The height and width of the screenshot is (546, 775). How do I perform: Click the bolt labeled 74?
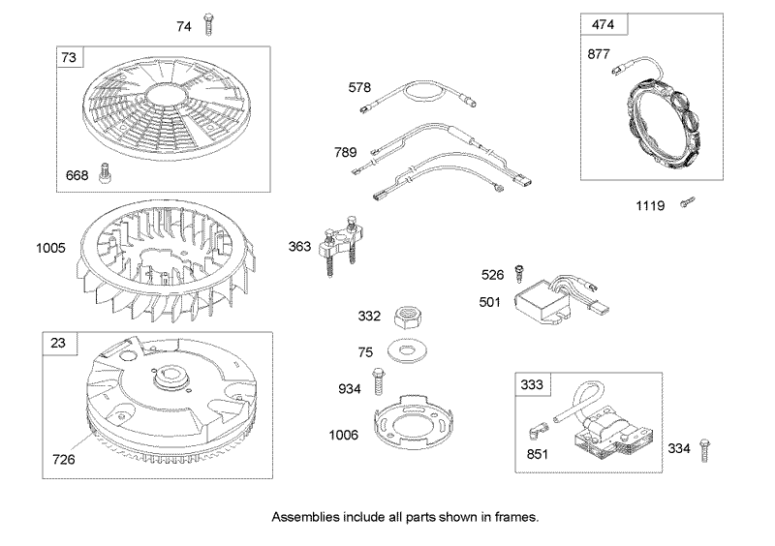coord(208,24)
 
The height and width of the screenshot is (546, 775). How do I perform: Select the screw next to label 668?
coord(105,173)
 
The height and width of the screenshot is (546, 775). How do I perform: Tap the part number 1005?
coord(50,248)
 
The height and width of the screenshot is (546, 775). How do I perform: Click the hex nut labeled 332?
coord(408,317)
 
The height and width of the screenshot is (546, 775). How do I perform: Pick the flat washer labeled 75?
coord(407,350)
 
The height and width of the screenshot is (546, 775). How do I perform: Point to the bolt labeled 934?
coord(379,382)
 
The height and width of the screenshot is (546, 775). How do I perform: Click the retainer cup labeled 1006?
coord(407,422)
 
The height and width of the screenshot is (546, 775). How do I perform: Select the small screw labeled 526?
coord(519,274)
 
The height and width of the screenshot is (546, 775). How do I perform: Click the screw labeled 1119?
coord(688,201)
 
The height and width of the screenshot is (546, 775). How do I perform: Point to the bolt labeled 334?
coord(705,449)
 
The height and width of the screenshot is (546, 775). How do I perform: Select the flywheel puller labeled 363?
coord(342,245)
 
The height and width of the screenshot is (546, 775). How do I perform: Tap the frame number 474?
coord(603,24)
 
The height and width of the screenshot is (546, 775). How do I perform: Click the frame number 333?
coord(532,384)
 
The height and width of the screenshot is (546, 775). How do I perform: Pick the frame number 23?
coord(58,343)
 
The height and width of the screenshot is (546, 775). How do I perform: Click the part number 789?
coord(345,152)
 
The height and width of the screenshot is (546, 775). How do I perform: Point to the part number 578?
coord(359,87)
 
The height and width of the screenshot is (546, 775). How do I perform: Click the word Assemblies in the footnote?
coord(305,517)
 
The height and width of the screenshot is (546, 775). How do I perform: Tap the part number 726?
coord(64,460)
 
